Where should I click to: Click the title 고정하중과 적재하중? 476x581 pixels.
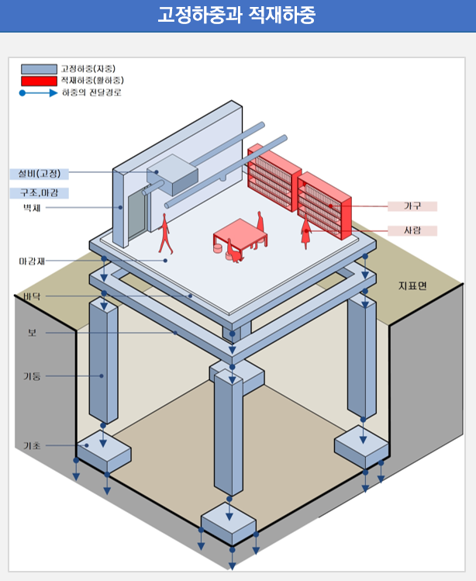click(x=237, y=16)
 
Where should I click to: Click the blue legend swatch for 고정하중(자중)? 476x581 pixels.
click(x=39, y=69)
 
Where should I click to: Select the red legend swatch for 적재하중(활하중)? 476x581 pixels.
click(x=39, y=81)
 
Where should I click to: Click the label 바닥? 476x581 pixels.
click(x=32, y=296)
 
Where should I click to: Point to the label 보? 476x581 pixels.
click(x=32, y=333)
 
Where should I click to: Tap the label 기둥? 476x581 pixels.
click(x=32, y=376)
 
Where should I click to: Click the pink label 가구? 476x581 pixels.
click(x=412, y=206)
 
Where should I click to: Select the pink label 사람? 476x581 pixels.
click(x=412, y=230)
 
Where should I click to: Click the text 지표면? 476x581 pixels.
click(x=412, y=286)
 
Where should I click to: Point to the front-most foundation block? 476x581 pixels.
click(x=228, y=525)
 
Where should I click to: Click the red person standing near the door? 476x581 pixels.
click(x=164, y=233)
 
